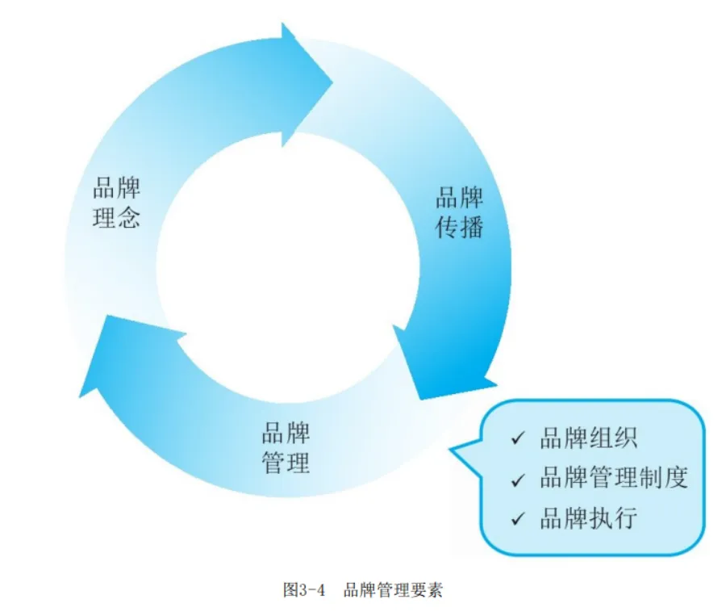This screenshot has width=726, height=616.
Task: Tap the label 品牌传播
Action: [x=460, y=212]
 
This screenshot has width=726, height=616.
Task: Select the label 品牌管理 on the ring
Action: [x=286, y=449]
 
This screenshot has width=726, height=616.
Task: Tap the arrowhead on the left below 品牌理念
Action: [x=109, y=355]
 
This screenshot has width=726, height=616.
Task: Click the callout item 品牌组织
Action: [x=589, y=438]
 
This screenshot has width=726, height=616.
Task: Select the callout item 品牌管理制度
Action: [x=614, y=478]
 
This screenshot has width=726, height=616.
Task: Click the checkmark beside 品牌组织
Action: [x=518, y=440]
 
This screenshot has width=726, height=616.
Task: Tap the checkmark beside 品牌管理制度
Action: [x=518, y=480]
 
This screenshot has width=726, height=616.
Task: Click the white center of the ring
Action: [x=286, y=258]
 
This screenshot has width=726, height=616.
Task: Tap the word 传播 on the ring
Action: [x=460, y=228]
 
